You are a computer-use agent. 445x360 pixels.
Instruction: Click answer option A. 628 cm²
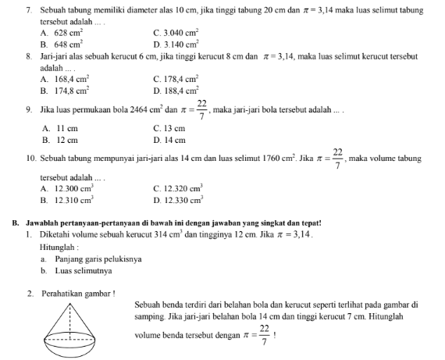(x=62, y=34)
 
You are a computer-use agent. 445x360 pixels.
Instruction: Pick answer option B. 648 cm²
(x=62, y=45)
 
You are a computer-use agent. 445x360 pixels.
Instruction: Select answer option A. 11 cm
(x=59, y=128)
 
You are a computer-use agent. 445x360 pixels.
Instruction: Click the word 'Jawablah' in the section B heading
(x=41, y=222)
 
